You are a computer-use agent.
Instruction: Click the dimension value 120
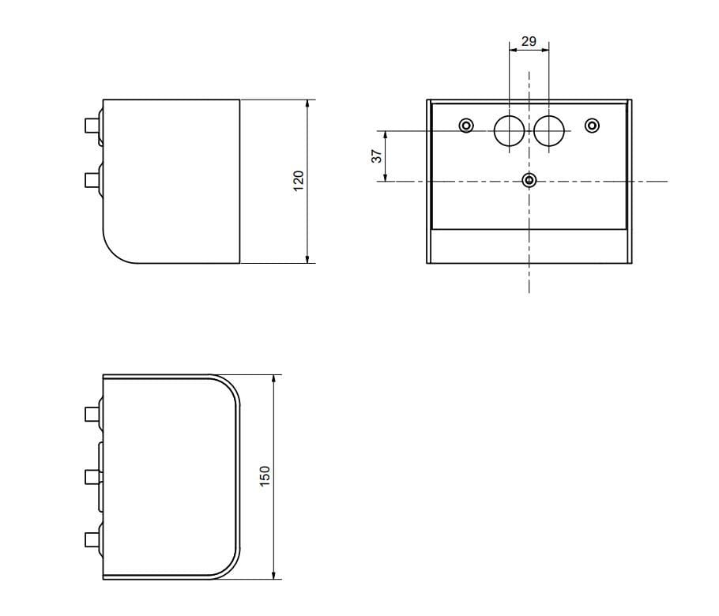pyautogui.click(x=299, y=181)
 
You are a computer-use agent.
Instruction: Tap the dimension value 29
pyautogui.click(x=529, y=41)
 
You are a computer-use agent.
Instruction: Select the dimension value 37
pyautogui.click(x=376, y=156)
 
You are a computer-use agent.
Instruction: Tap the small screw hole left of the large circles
pyautogui.click(x=466, y=125)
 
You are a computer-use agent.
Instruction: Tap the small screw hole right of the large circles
pyautogui.click(x=592, y=125)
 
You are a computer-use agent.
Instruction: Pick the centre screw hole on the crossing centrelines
pyautogui.click(x=529, y=180)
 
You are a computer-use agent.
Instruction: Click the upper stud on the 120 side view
pyautogui.click(x=91, y=125)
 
